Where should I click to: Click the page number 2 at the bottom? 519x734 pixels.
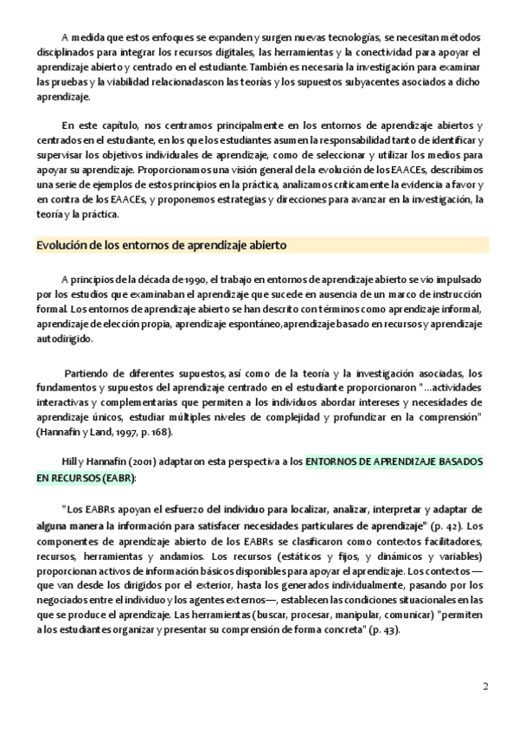click(x=485, y=688)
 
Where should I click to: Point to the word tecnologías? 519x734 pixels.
click(x=342, y=38)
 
